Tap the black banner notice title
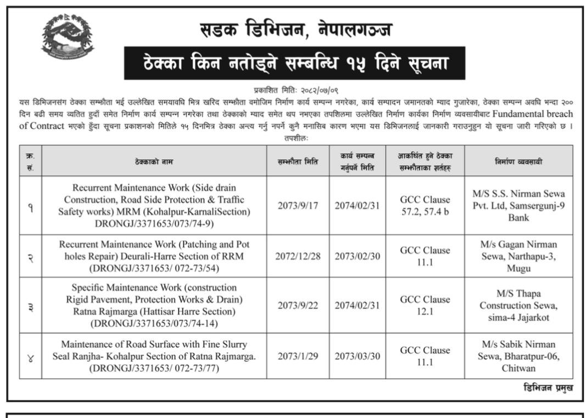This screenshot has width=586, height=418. [x=294, y=63]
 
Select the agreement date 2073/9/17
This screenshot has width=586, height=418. [x=299, y=205]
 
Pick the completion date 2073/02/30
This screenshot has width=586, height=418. [x=357, y=256]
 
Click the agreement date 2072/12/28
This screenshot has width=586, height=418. [x=299, y=256]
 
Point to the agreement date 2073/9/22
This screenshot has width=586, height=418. [x=299, y=306]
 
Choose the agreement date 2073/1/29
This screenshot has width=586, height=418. [x=299, y=355]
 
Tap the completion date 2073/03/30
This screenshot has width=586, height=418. [x=357, y=355]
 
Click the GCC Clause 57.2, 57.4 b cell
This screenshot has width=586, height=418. [x=425, y=205]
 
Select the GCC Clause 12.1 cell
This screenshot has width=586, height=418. [x=425, y=306]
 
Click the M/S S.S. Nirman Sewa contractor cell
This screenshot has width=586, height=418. [x=518, y=205]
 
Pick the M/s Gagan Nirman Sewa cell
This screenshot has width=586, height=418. [x=518, y=256]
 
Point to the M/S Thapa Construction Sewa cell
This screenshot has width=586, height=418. [x=518, y=306]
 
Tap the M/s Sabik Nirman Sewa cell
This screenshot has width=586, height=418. [x=518, y=355]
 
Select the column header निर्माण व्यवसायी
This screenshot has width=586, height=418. [x=518, y=161]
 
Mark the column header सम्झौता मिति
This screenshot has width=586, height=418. [x=299, y=161]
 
